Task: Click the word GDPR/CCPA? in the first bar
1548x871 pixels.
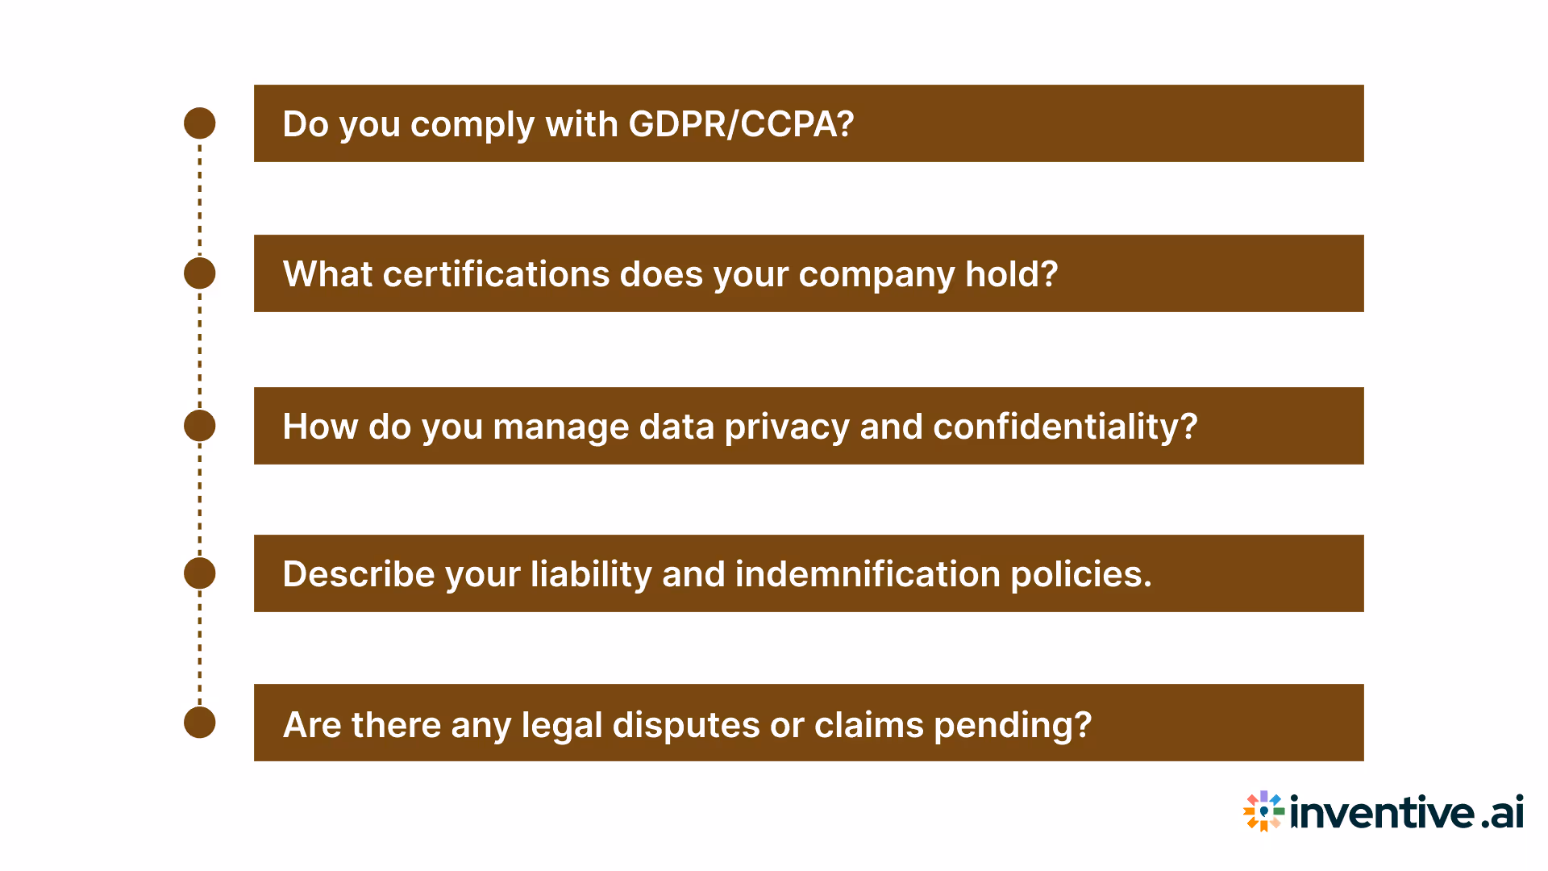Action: point(740,124)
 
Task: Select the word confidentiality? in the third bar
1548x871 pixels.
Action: point(1064,427)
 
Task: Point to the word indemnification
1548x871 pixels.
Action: point(868,574)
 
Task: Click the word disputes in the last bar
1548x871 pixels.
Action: point(685,724)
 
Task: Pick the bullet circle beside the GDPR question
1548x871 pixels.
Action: point(200,123)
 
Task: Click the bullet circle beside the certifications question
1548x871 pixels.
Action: point(200,273)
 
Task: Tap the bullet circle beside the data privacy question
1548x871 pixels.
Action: point(200,426)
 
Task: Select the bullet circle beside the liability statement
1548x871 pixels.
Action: point(200,573)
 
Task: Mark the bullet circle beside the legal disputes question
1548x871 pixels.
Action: point(200,723)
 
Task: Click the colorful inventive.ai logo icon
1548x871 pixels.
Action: point(1263,811)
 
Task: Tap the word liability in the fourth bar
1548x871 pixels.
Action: point(591,575)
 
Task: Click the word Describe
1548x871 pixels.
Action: point(359,574)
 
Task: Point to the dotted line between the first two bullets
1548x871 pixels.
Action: point(200,198)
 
